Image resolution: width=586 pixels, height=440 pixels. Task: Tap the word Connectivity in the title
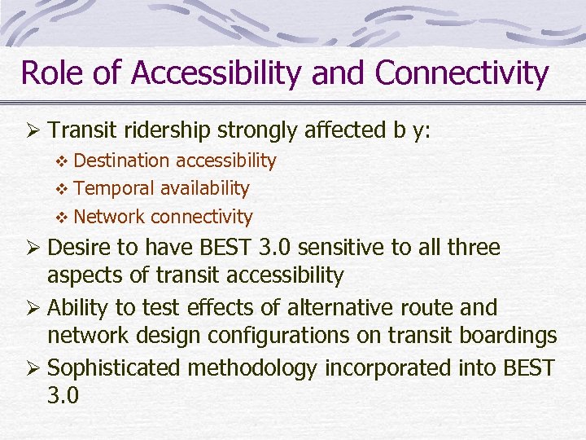[461, 73]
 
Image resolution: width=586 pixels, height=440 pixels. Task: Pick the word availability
[204, 188]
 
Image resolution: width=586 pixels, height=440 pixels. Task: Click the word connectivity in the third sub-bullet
[201, 217]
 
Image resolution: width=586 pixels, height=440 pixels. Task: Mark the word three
[470, 248]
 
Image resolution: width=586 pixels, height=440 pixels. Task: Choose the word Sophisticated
[115, 368]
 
